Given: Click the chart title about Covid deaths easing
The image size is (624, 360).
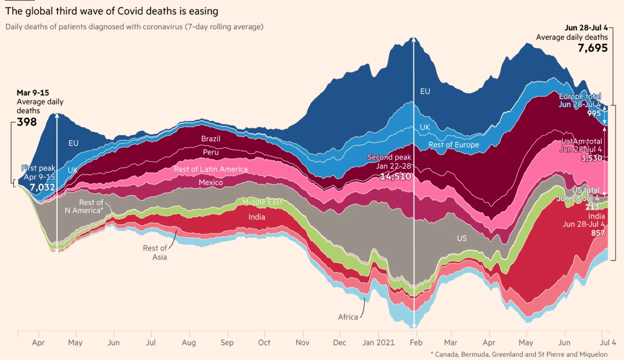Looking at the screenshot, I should (112, 11).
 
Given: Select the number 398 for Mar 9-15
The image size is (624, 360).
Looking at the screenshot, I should (27, 122).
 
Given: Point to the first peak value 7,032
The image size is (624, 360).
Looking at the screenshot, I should (43, 187).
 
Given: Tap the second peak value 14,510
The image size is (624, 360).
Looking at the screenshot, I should (395, 176).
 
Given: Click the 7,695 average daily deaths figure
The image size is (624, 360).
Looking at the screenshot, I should (593, 48).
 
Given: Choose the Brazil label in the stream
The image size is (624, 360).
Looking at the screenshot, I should (210, 139).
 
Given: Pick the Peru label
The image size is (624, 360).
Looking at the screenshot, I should (210, 153).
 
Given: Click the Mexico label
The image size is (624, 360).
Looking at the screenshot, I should (210, 182).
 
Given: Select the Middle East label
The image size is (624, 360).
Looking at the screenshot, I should (262, 202).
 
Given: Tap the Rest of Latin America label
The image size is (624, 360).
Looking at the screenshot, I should (210, 169).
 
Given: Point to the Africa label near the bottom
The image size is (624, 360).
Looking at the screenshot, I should (348, 317).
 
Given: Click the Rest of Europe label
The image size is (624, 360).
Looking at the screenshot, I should (453, 145).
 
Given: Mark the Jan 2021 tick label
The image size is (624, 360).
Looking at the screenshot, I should (378, 343).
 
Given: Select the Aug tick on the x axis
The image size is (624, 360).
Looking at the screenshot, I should (190, 343).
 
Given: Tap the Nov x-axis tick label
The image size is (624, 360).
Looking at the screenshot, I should (302, 343).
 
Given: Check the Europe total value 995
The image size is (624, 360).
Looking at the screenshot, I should (594, 113).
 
